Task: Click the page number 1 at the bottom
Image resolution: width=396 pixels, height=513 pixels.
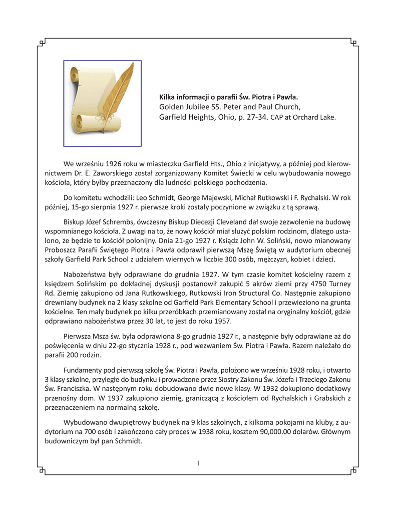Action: pyautogui.click(x=198, y=463)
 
